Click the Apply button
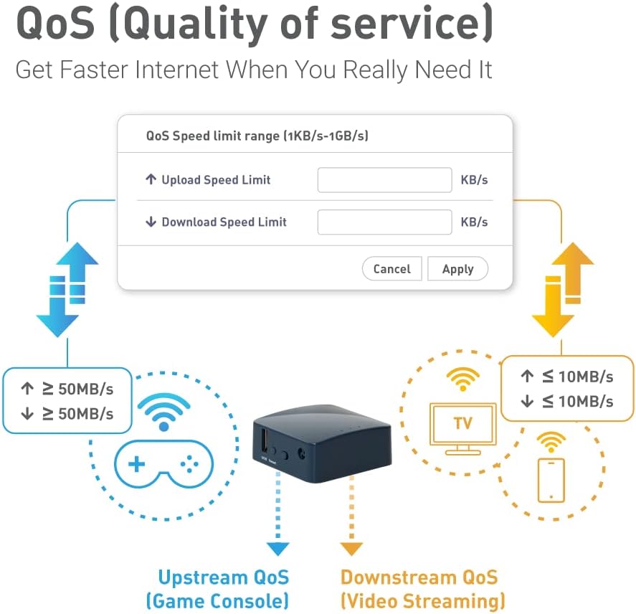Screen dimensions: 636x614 [457, 269]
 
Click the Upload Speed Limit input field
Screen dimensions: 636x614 [384, 180]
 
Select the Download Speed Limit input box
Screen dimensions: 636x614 [384, 222]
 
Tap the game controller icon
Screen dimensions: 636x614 [164, 464]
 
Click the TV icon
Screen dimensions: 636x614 [462, 428]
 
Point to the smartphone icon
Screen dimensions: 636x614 [551, 480]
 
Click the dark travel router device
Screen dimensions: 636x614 [322, 443]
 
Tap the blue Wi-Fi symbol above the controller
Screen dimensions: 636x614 [164, 412]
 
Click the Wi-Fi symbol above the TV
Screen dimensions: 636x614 [462, 379]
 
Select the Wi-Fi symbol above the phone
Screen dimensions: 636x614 [551, 442]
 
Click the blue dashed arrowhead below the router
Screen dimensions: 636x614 [278, 549]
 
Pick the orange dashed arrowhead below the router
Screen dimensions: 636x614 [351, 549]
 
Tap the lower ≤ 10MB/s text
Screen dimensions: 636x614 [578, 402]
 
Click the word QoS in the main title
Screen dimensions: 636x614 [55, 23]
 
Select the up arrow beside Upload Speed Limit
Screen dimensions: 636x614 [151, 179]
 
